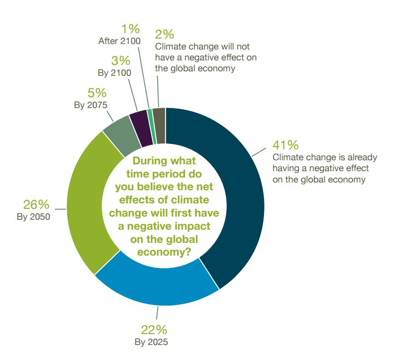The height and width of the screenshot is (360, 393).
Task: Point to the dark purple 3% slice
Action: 140,123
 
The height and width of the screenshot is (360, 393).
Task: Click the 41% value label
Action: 285,145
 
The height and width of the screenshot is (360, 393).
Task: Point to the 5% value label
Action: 97,93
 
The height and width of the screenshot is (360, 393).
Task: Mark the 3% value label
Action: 121,61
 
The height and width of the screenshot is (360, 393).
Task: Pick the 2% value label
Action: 164,35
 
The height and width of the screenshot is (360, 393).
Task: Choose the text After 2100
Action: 119,41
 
